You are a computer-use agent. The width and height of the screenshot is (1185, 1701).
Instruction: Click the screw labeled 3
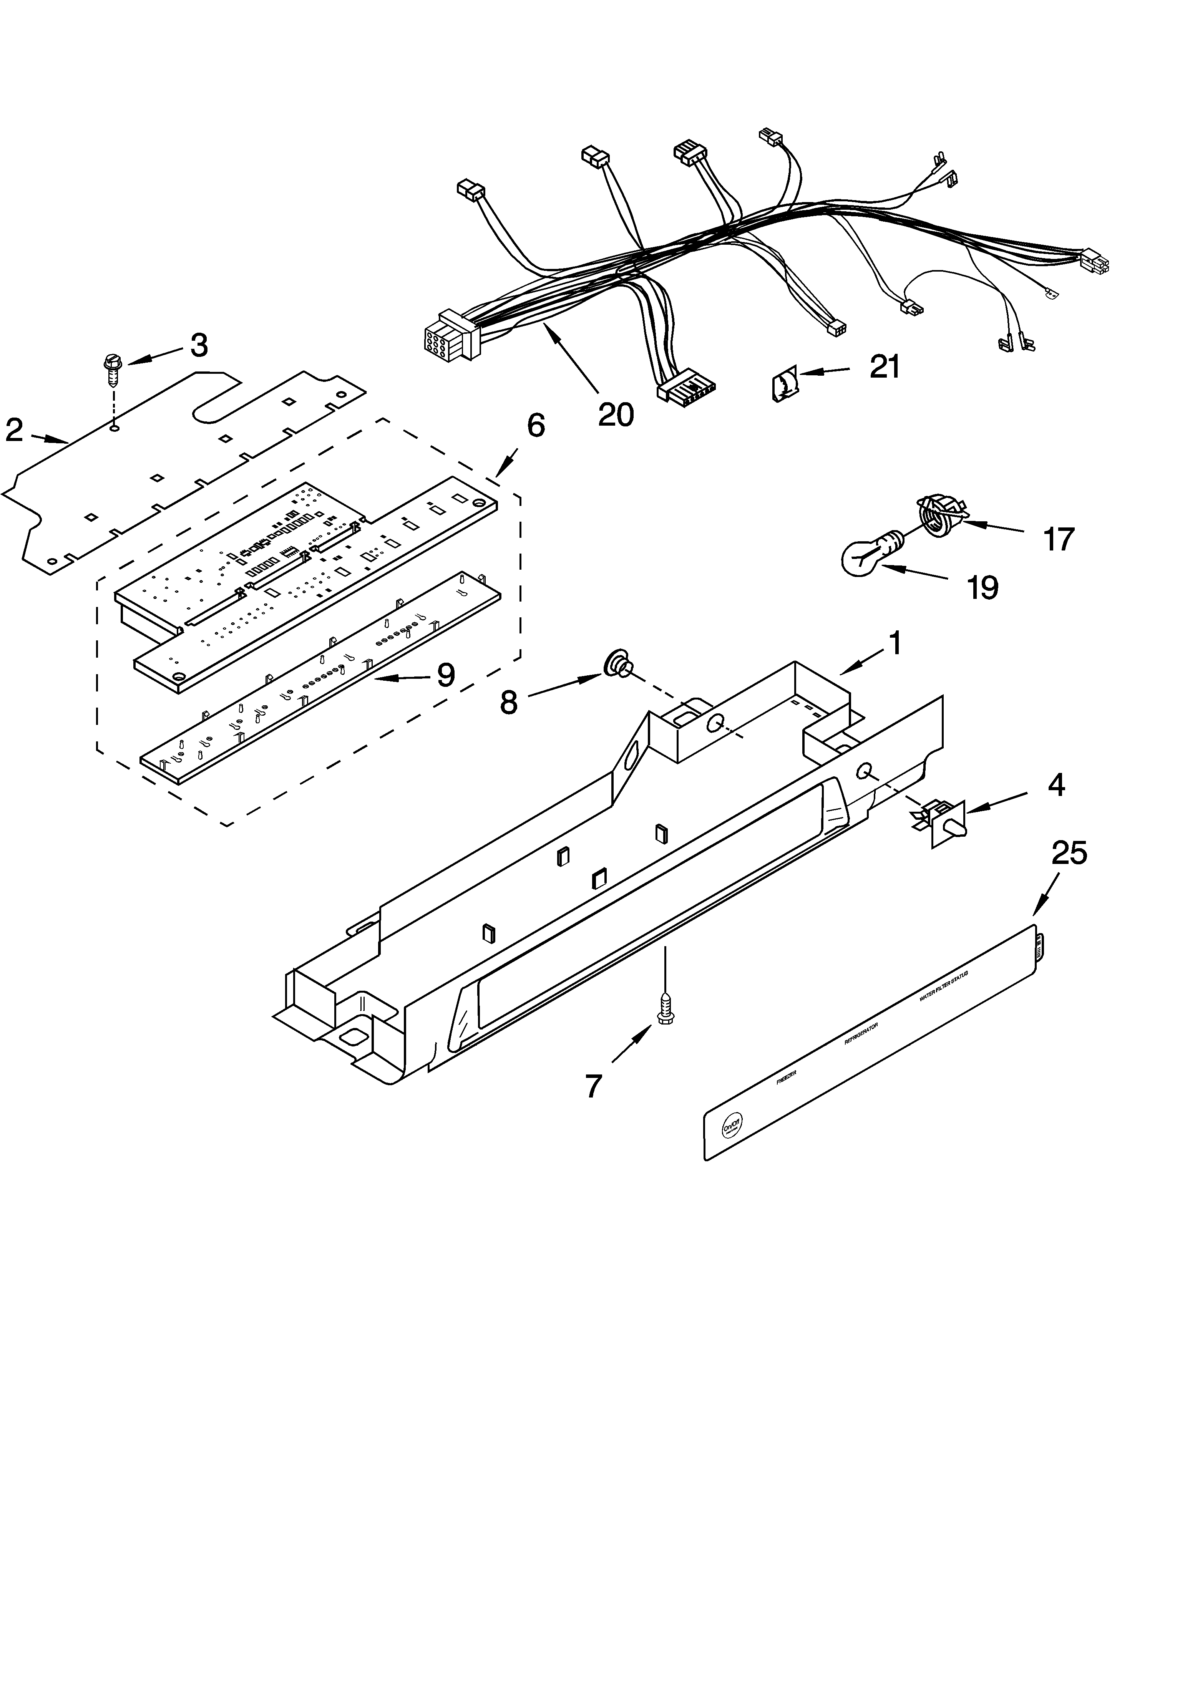[x=112, y=370]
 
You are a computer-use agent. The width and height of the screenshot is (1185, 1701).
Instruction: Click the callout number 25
[x=1069, y=854]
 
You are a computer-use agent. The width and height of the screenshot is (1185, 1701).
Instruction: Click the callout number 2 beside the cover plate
[x=14, y=430]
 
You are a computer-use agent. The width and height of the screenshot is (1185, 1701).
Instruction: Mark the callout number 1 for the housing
[x=895, y=643]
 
